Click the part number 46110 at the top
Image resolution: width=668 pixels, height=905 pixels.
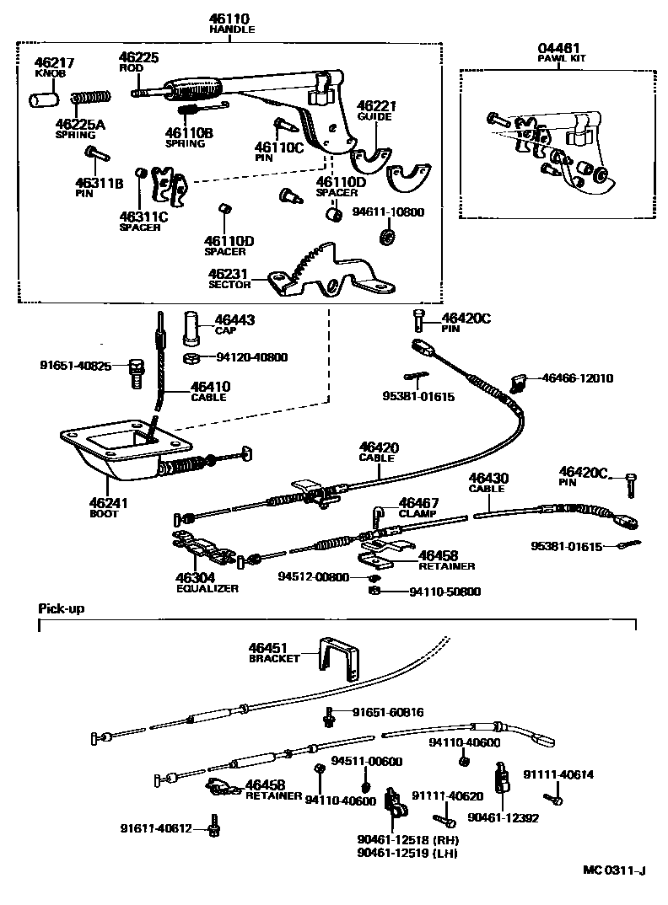pos(232,18)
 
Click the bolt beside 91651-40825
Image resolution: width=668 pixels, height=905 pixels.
pos(134,372)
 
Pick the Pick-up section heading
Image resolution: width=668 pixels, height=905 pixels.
pos(62,608)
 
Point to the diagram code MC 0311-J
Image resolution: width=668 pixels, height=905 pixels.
pos(612,870)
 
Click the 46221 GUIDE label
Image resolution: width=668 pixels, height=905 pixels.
pos(375,112)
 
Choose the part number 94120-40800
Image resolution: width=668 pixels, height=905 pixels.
pos(251,357)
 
